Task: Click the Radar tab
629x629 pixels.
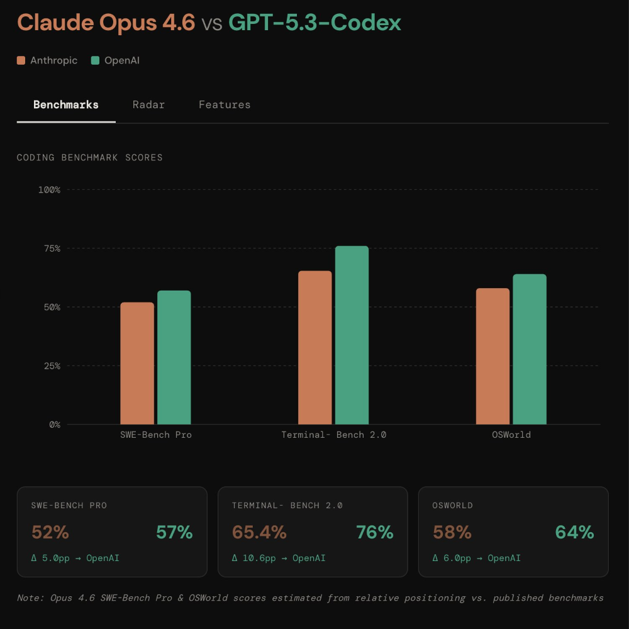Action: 148,104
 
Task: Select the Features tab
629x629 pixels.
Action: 225,104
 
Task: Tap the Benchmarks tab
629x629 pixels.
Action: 66,104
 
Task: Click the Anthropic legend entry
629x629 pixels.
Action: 47,60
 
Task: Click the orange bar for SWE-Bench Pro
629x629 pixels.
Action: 137,364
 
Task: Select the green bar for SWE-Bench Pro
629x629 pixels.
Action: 174,357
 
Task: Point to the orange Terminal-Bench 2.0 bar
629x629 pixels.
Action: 314,348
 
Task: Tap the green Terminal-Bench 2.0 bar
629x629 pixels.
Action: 352,335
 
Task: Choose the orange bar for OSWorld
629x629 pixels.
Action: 493,357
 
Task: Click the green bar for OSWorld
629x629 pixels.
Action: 530,349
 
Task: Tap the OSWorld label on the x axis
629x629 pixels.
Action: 511,435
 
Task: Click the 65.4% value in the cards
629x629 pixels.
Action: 259,532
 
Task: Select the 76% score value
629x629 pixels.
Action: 374,532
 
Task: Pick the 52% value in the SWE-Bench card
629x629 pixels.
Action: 50,532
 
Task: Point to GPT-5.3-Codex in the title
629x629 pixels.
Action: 314,23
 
